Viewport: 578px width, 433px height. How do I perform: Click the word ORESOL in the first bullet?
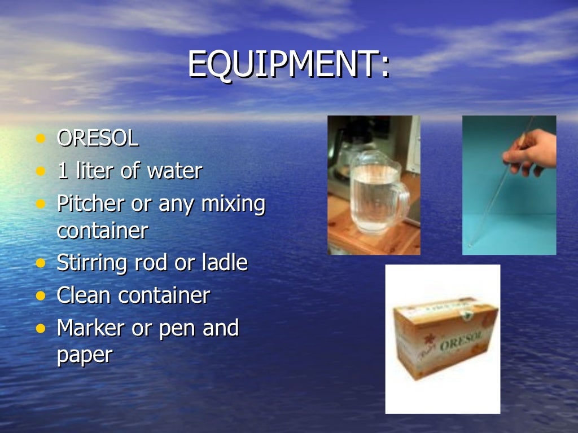tap(98, 139)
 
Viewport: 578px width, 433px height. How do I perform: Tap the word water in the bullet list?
tap(174, 171)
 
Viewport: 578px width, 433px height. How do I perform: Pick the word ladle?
tap(225, 262)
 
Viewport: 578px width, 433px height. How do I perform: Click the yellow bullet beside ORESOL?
tap(40, 139)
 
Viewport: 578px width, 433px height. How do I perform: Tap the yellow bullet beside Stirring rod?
tap(40, 263)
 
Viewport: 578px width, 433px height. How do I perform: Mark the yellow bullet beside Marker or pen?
tap(40, 328)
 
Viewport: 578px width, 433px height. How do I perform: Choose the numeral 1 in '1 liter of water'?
tap(62, 171)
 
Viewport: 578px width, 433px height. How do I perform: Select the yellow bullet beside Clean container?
tap(40, 295)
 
